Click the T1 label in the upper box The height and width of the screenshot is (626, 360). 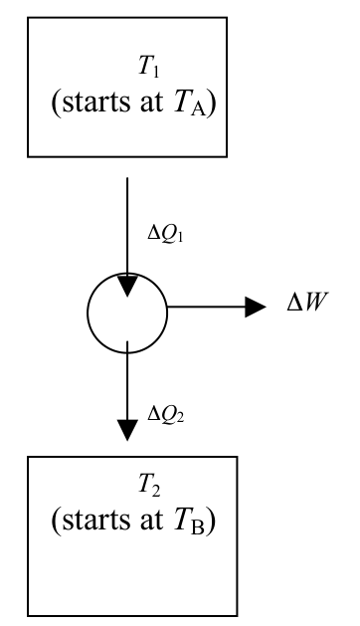[x=149, y=66]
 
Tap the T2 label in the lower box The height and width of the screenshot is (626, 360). [x=149, y=485]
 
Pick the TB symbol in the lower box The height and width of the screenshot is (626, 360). [x=190, y=522]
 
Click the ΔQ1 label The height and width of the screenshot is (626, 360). [x=165, y=234]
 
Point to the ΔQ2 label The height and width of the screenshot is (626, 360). [x=166, y=414]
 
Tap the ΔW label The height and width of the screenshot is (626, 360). [x=307, y=303]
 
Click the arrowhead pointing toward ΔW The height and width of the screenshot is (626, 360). [x=256, y=307]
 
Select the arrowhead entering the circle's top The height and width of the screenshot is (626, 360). [x=127, y=286]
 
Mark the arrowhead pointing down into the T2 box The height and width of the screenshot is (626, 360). [x=127, y=430]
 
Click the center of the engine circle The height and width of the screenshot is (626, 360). [x=127, y=313]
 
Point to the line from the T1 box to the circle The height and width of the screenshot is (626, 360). [x=127, y=226]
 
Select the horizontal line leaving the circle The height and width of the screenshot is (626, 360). [x=206, y=307]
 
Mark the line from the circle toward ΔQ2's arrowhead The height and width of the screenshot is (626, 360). [x=127, y=381]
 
